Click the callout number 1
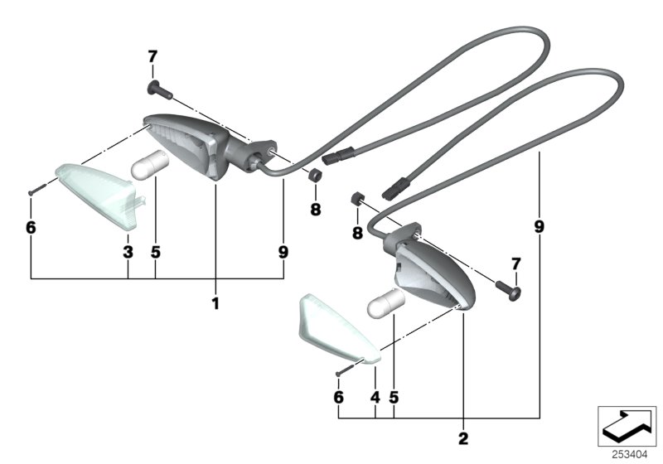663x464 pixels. (x=215, y=304)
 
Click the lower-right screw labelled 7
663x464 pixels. (x=508, y=289)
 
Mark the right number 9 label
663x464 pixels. (x=540, y=225)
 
